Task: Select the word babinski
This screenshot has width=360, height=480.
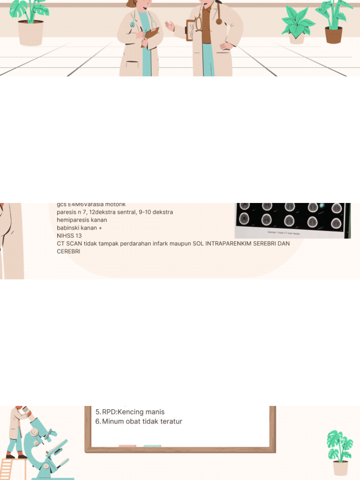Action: [x=69, y=228]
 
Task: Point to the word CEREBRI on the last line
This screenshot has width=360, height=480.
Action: [x=68, y=251]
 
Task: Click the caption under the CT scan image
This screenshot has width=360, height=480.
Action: [x=284, y=232]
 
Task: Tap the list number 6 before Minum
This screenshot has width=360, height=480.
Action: [x=97, y=421]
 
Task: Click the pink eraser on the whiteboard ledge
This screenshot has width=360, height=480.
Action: [x=127, y=446]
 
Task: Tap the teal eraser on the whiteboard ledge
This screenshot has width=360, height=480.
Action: [x=152, y=446]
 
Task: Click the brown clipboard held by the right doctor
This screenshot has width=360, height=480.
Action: [x=191, y=30]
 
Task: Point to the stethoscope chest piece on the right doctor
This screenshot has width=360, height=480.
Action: [x=219, y=21]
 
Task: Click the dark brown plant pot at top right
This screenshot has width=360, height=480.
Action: [x=333, y=35]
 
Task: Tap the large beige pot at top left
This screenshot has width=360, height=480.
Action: [x=30, y=33]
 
